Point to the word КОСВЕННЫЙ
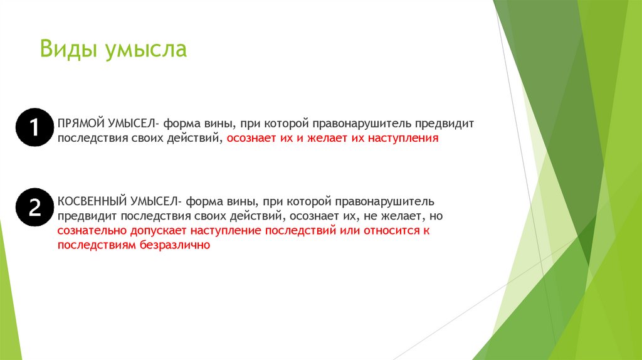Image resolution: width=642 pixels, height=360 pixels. pyautogui.click(x=92, y=201)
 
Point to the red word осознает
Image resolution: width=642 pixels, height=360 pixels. pyautogui.click(x=250, y=138)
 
